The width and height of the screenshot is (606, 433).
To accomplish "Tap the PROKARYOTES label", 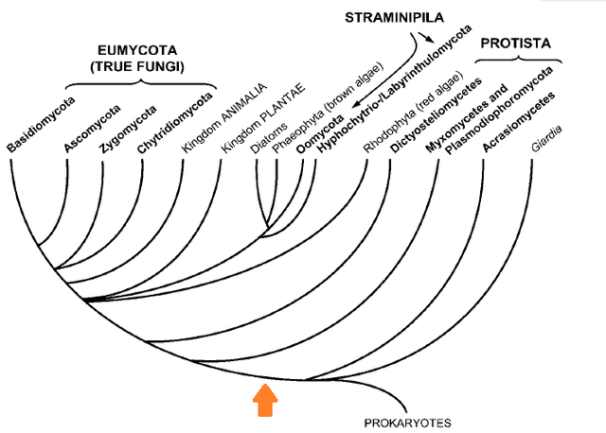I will click(x=409, y=423).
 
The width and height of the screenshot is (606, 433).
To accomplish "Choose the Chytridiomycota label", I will click(x=165, y=123).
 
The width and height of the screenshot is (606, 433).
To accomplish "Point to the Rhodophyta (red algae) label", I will click(x=411, y=113).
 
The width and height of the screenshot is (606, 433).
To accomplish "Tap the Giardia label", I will click(x=551, y=139).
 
